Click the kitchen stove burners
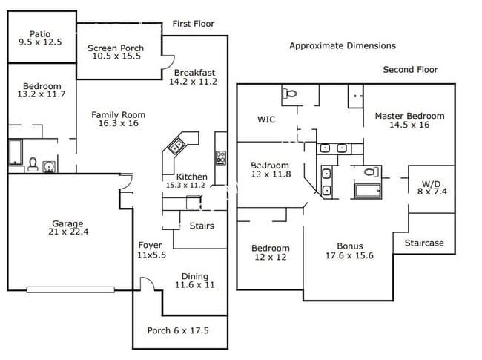coord(220,157)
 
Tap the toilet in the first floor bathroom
coord(33,164)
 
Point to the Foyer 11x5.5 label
coord(151,249)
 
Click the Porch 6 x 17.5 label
coord(178,331)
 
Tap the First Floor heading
coord(194,24)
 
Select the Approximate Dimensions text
coord(342,45)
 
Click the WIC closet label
coord(266,119)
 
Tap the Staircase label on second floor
coord(424,243)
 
